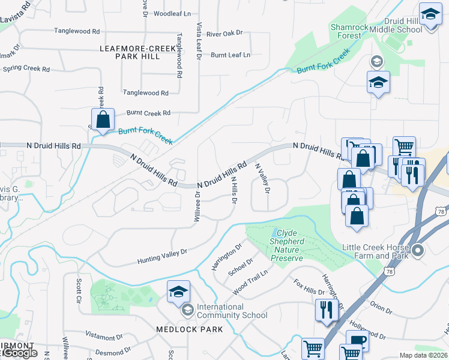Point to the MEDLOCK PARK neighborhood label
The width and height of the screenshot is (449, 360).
(x=189, y=329)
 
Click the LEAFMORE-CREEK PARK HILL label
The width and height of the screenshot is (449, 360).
(x=130, y=52)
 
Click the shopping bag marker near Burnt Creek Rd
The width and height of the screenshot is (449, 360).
(x=103, y=119)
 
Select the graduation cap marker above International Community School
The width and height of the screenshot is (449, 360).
(x=178, y=292)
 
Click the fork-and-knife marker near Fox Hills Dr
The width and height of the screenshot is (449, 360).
(x=327, y=310)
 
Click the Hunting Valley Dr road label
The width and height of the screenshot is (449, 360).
(x=162, y=256)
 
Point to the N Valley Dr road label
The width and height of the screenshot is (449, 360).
(x=263, y=178)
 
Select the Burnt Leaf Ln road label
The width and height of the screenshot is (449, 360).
(x=230, y=55)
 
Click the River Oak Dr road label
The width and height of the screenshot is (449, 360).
(x=224, y=34)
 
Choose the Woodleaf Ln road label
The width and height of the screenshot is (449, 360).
(x=172, y=13)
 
